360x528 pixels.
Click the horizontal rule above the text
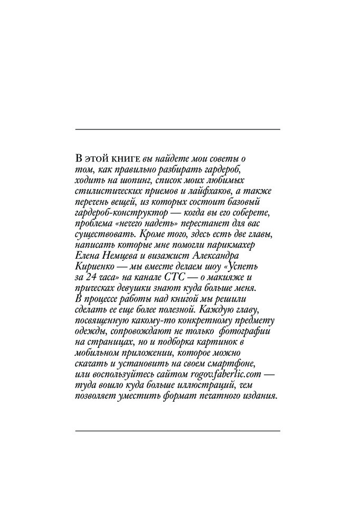[178, 129]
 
